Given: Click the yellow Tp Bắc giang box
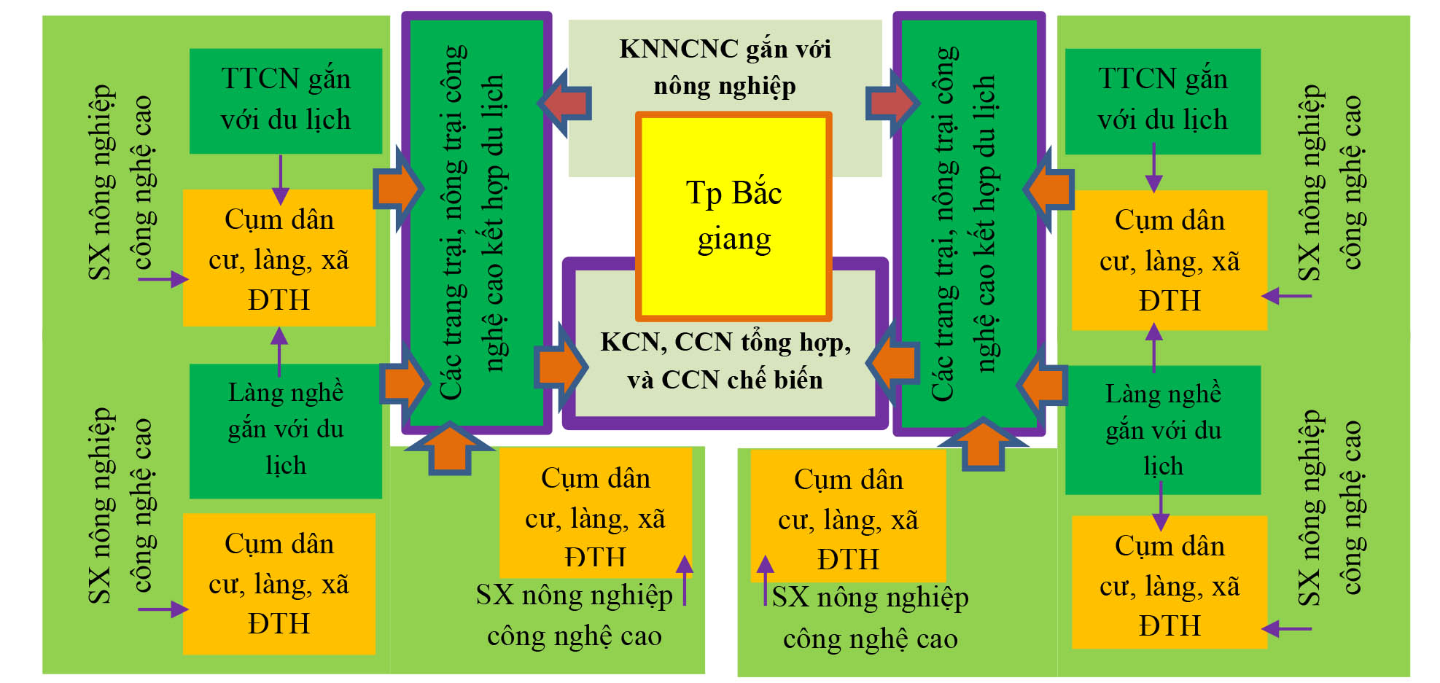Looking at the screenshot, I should pos(733,216).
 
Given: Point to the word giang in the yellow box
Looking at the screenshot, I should pos(733,240).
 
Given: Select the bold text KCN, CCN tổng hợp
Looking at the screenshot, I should pos(725,342).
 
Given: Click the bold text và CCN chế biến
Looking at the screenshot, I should pos(725,380).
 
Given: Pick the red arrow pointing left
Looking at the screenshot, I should pos(565,104).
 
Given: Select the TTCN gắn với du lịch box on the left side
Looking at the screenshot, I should pos(286,101).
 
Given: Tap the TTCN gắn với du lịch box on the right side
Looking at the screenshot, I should pos(1162,101).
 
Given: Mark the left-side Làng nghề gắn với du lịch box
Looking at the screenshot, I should pos(286,430).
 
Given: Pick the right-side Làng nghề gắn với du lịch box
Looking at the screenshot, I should pos(1162,430).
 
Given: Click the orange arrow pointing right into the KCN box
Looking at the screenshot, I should pos(561,367).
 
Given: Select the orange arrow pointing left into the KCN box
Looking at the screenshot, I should pos(894,361).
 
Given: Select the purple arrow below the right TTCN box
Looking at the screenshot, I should pos(1153,168).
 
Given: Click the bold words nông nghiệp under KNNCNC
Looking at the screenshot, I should pos(724,86).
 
